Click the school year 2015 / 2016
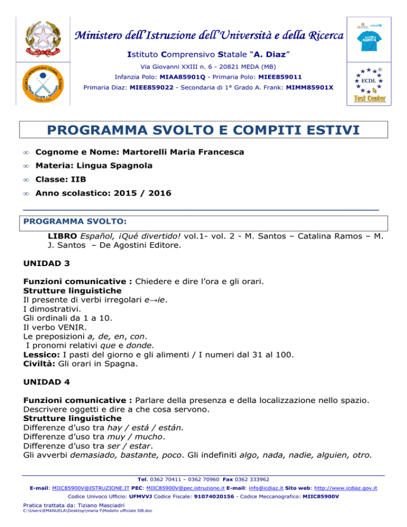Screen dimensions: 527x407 pyautogui.click(x=139, y=194)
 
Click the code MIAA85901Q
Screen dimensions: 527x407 pyautogui.click(x=156, y=77)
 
